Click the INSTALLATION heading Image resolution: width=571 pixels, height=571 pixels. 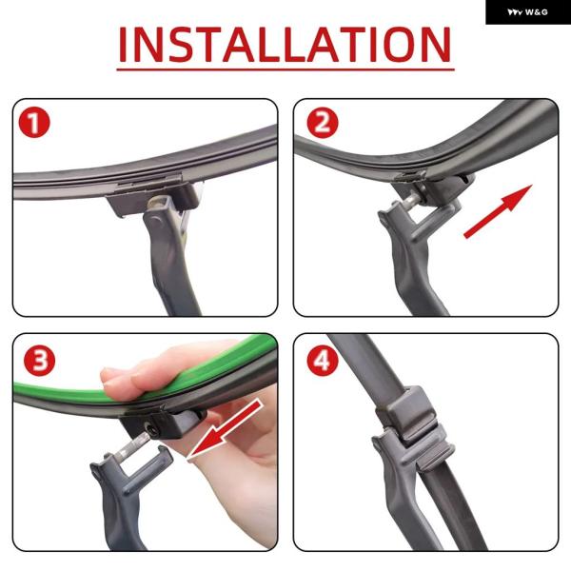tap(285, 45)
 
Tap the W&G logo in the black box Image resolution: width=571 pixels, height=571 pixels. tap(527, 12)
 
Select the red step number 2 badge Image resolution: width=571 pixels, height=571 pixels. tap(323, 123)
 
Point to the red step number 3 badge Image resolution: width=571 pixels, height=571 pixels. tap(39, 360)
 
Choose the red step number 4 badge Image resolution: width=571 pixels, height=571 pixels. tap(323, 360)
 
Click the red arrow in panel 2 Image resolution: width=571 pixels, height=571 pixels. tap(498, 211)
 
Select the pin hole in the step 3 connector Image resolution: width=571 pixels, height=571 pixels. tap(152, 430)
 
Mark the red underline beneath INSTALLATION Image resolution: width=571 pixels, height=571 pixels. tap(285, 69)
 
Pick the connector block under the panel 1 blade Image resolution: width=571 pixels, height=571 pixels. tap(153, 199)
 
